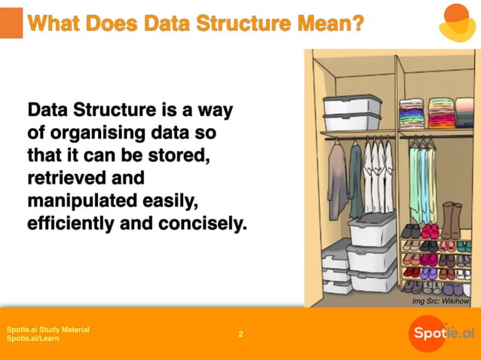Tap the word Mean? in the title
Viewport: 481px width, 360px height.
pos(328,24)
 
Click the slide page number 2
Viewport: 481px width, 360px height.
pos(240,334)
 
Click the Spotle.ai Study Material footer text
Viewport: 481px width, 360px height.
pos(47,329)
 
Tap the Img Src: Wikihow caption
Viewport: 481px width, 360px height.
pos(440,301)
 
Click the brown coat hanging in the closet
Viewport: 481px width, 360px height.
pos(337,179)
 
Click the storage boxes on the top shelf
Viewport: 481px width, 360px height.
pos(352,113)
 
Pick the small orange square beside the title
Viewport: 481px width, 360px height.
pos(11,23)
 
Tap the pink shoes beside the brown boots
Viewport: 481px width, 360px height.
pos(430,230)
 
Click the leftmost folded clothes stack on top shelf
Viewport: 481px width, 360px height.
pos(411,113)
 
